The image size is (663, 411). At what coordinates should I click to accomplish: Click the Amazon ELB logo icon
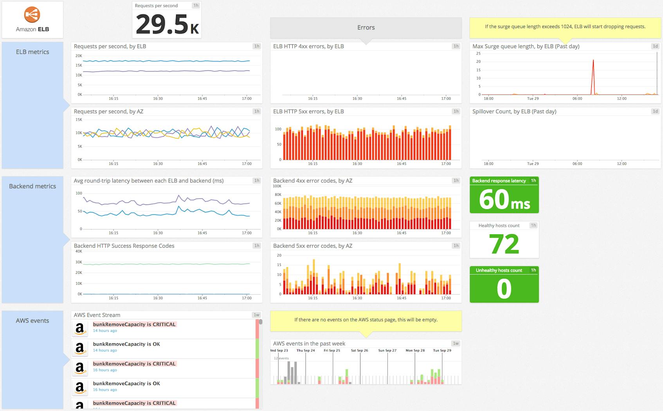[32, 15]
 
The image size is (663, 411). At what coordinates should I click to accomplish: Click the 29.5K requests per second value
[167, 24]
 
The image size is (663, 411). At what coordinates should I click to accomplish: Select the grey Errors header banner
[366, 27]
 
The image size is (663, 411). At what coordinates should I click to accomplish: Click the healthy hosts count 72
[504, 244]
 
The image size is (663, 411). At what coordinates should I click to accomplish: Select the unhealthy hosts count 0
[504, 289]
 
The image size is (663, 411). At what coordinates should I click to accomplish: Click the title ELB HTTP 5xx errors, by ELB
[308, 112]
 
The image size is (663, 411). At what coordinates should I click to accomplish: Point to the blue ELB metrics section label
[32, 52]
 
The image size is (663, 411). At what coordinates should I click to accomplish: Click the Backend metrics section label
[32, 186]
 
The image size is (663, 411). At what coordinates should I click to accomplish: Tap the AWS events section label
[32, 321]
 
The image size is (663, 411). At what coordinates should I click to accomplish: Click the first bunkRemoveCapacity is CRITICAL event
[134, 324]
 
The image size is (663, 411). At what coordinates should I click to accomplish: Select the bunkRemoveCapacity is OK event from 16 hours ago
[126, 384]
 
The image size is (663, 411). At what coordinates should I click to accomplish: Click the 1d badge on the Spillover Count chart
[655, 111]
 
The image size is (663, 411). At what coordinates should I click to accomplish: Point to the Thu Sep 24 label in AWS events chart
[305, 351]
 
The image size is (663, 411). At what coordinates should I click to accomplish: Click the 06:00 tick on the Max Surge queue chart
[577, 99]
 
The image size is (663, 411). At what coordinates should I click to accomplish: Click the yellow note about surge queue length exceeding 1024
[565, 27]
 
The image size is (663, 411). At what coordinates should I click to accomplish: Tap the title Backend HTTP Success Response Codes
[124, 246]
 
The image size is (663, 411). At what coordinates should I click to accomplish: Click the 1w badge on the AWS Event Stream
[256, 315]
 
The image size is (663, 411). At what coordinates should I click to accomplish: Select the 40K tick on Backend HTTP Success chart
[79, 252]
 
